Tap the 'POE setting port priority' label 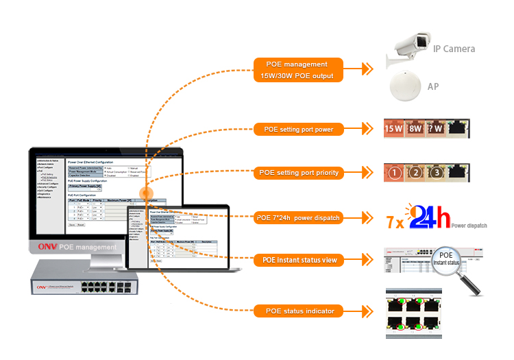[x=299, y=173]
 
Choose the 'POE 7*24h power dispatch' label [x=299, y=218]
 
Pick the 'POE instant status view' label [x=299, y=261]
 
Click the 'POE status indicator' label [x=299, y=311]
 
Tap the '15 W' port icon [x=393, y=128]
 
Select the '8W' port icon [x=415, y=128]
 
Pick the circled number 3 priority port [x=437, y=172]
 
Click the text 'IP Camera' [x=454, y=49]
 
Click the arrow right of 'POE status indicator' [x=367, y=311]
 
